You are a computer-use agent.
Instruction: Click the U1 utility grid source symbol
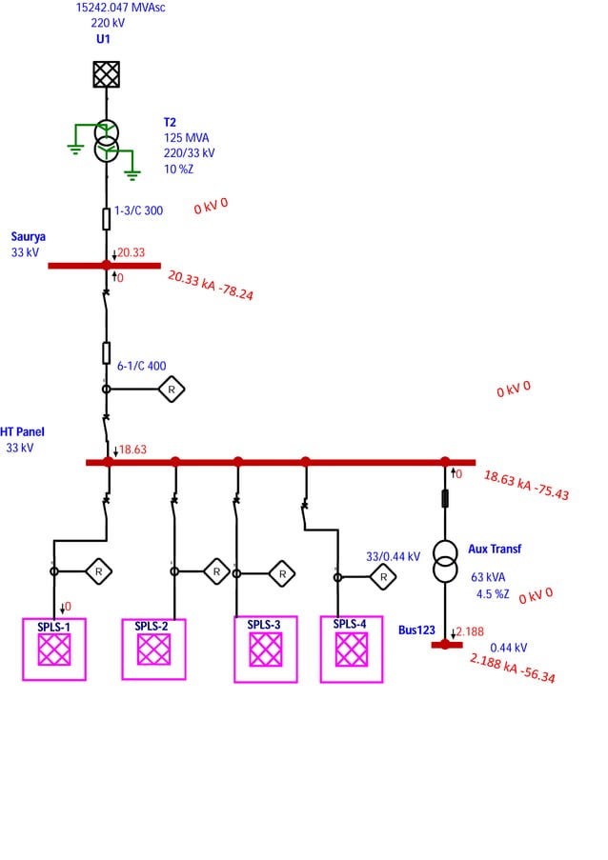coord(106,74)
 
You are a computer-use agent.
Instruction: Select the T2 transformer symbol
coord(106,136)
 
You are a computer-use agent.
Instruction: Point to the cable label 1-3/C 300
coord(139,210)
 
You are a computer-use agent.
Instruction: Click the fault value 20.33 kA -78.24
coord(211,285)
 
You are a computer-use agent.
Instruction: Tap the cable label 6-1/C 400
coord(141,366)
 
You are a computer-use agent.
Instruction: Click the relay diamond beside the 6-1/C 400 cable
coord(172,389)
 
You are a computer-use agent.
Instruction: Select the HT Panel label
coord(23,431)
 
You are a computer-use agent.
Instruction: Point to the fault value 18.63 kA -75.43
coord(526,485)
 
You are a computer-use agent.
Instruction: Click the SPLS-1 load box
coord(54,650)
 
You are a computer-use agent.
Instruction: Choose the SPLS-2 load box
coord(153,650)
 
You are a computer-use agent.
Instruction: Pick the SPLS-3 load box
coord(266,650)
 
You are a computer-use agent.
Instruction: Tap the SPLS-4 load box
coord(352,650)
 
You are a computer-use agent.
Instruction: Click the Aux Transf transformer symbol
coord(444,562)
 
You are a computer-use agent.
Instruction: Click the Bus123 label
coord(416,630)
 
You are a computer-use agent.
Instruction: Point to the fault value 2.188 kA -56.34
coord(513,668)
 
